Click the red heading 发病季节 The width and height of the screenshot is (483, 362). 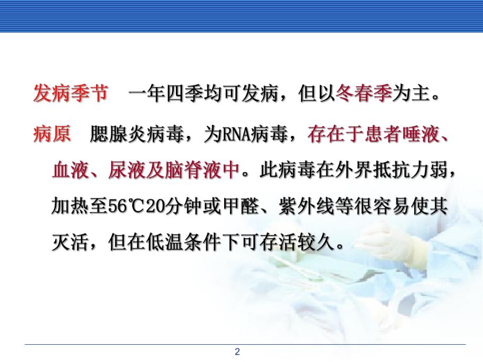(70, 95)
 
